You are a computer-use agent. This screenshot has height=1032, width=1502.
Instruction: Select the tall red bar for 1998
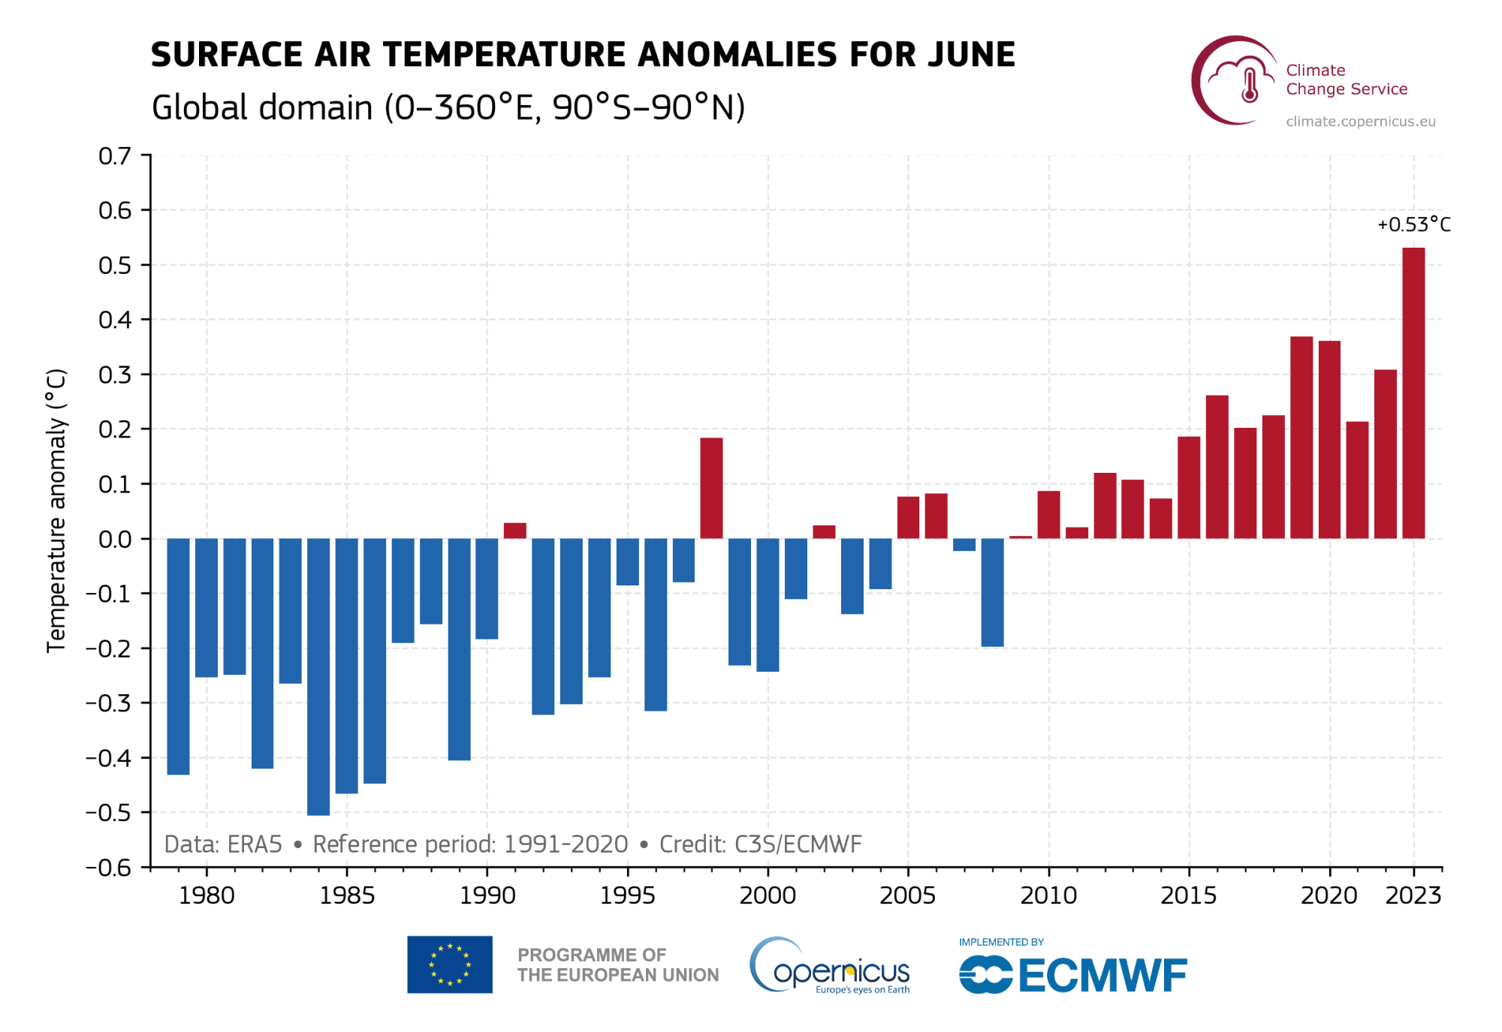click(x=711, y=488)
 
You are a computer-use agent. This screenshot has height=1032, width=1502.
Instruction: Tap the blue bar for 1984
click(x=318, y=676)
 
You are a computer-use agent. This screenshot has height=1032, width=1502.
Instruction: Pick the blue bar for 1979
click(x=178, y=656)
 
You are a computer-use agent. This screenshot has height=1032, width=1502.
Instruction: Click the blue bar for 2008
click(x=992, y=592)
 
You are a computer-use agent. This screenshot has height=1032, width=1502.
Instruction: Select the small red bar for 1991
click(x=514, y=531)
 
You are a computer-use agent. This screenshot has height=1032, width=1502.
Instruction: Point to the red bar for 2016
click(x=1217, y=466)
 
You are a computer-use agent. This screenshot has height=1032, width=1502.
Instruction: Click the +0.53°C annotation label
click(x=1413, y=224)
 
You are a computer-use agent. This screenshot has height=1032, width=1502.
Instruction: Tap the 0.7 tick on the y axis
click(x=115, y=156)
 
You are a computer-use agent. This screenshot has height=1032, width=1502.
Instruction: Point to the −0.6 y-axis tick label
click(x=108, y=868)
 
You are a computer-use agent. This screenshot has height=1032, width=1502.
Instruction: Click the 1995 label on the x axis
click(x=627, y=895)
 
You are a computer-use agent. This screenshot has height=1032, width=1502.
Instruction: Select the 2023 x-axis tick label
click(x=1413, y=895)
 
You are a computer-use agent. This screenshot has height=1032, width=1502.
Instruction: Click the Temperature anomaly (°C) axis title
click(x=56, y=510)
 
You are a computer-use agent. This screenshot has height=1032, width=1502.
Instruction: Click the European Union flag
click(x=450, y=964)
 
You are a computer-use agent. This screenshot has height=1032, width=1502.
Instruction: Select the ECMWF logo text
click(x=1102, y=976)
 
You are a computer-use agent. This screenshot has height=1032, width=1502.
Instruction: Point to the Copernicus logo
click(x=830, y=967)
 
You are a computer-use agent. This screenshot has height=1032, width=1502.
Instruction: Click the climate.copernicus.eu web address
click(x=1360, y=122)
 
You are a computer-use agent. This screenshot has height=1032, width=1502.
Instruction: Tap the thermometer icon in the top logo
click(x=1250, y=86)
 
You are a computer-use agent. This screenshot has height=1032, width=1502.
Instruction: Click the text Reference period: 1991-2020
click(x=470, y=844)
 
